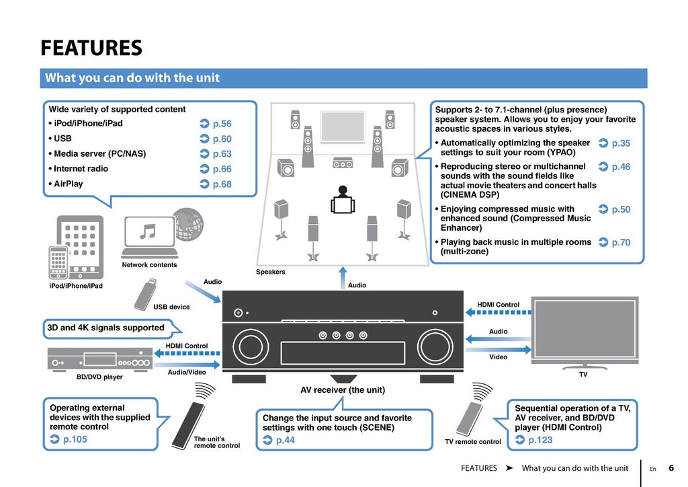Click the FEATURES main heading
point(91,48)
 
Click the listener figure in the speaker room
point(343,200)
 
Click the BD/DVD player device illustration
point(99,359)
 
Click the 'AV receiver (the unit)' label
point(343,389)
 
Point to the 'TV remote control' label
point(473,442)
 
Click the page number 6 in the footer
point(671,468)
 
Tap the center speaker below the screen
point(343,163)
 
